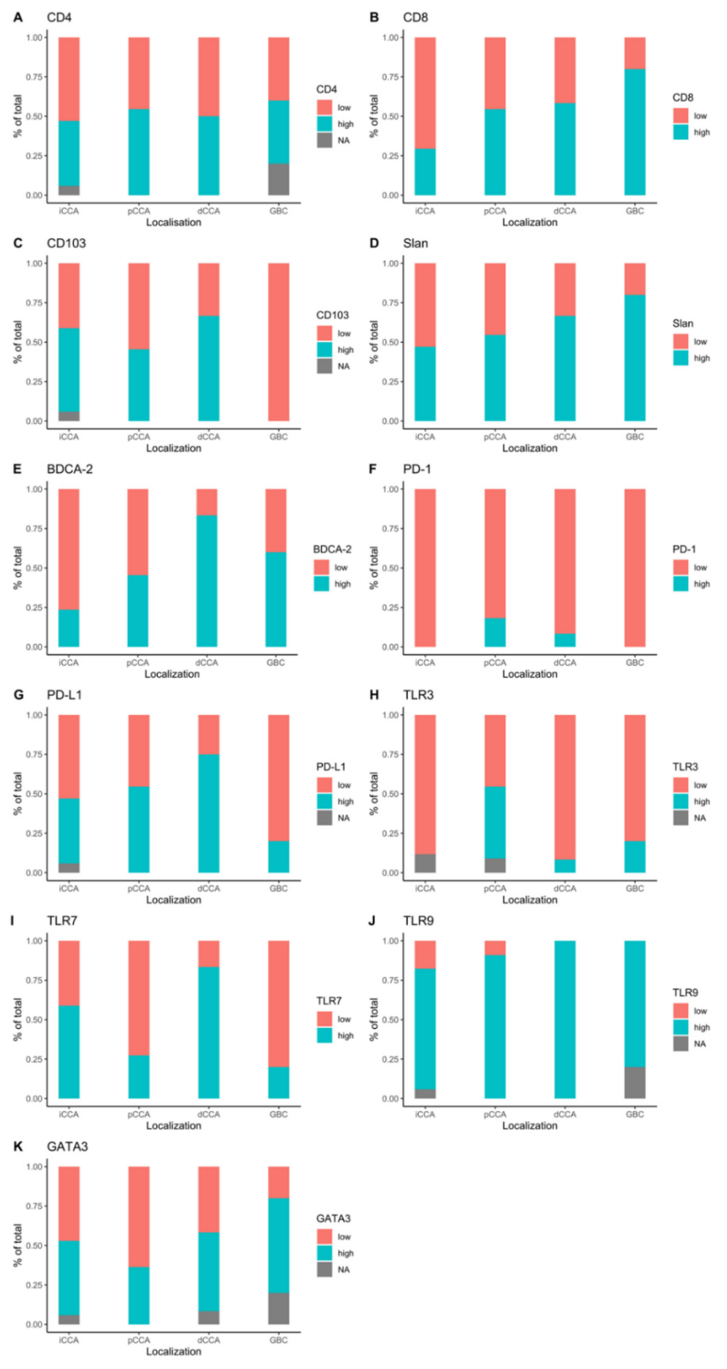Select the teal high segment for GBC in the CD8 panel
click(x=635, y=132)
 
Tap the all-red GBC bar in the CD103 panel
click(x=278, y=342)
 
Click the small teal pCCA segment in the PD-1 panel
click(x=495, y=633)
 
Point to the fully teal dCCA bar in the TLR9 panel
click(x=565, y=1019)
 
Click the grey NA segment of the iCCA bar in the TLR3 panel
click(x=425, y=863)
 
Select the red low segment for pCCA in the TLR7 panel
click(x=139, y=998)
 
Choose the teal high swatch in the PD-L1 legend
click(x=325, y=801)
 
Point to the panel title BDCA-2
click(x=70, y=469)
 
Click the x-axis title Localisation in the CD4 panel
click(x=174, y=222)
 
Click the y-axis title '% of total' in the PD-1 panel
click(x=374, y=568)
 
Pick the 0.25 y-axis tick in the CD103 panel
click(x=35, y=381)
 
